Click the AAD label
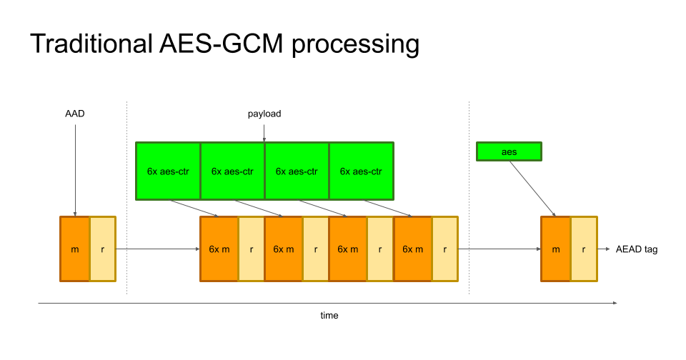(74, 114)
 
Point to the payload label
(264, 114)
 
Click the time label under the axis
(329, 315)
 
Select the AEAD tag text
(636, 250)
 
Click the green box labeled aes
(509, 151)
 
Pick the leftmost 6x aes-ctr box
(168, 171)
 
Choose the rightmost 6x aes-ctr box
(361, 171)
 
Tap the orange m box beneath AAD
(75, 249)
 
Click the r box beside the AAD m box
(102, 249)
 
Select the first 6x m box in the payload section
(219, 249)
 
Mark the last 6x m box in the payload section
(412, 249)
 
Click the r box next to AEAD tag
(584, 249)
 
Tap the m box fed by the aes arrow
(556, 249)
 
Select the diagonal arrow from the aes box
(532, 188)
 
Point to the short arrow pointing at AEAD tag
(605, 249)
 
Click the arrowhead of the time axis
(615, 303)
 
